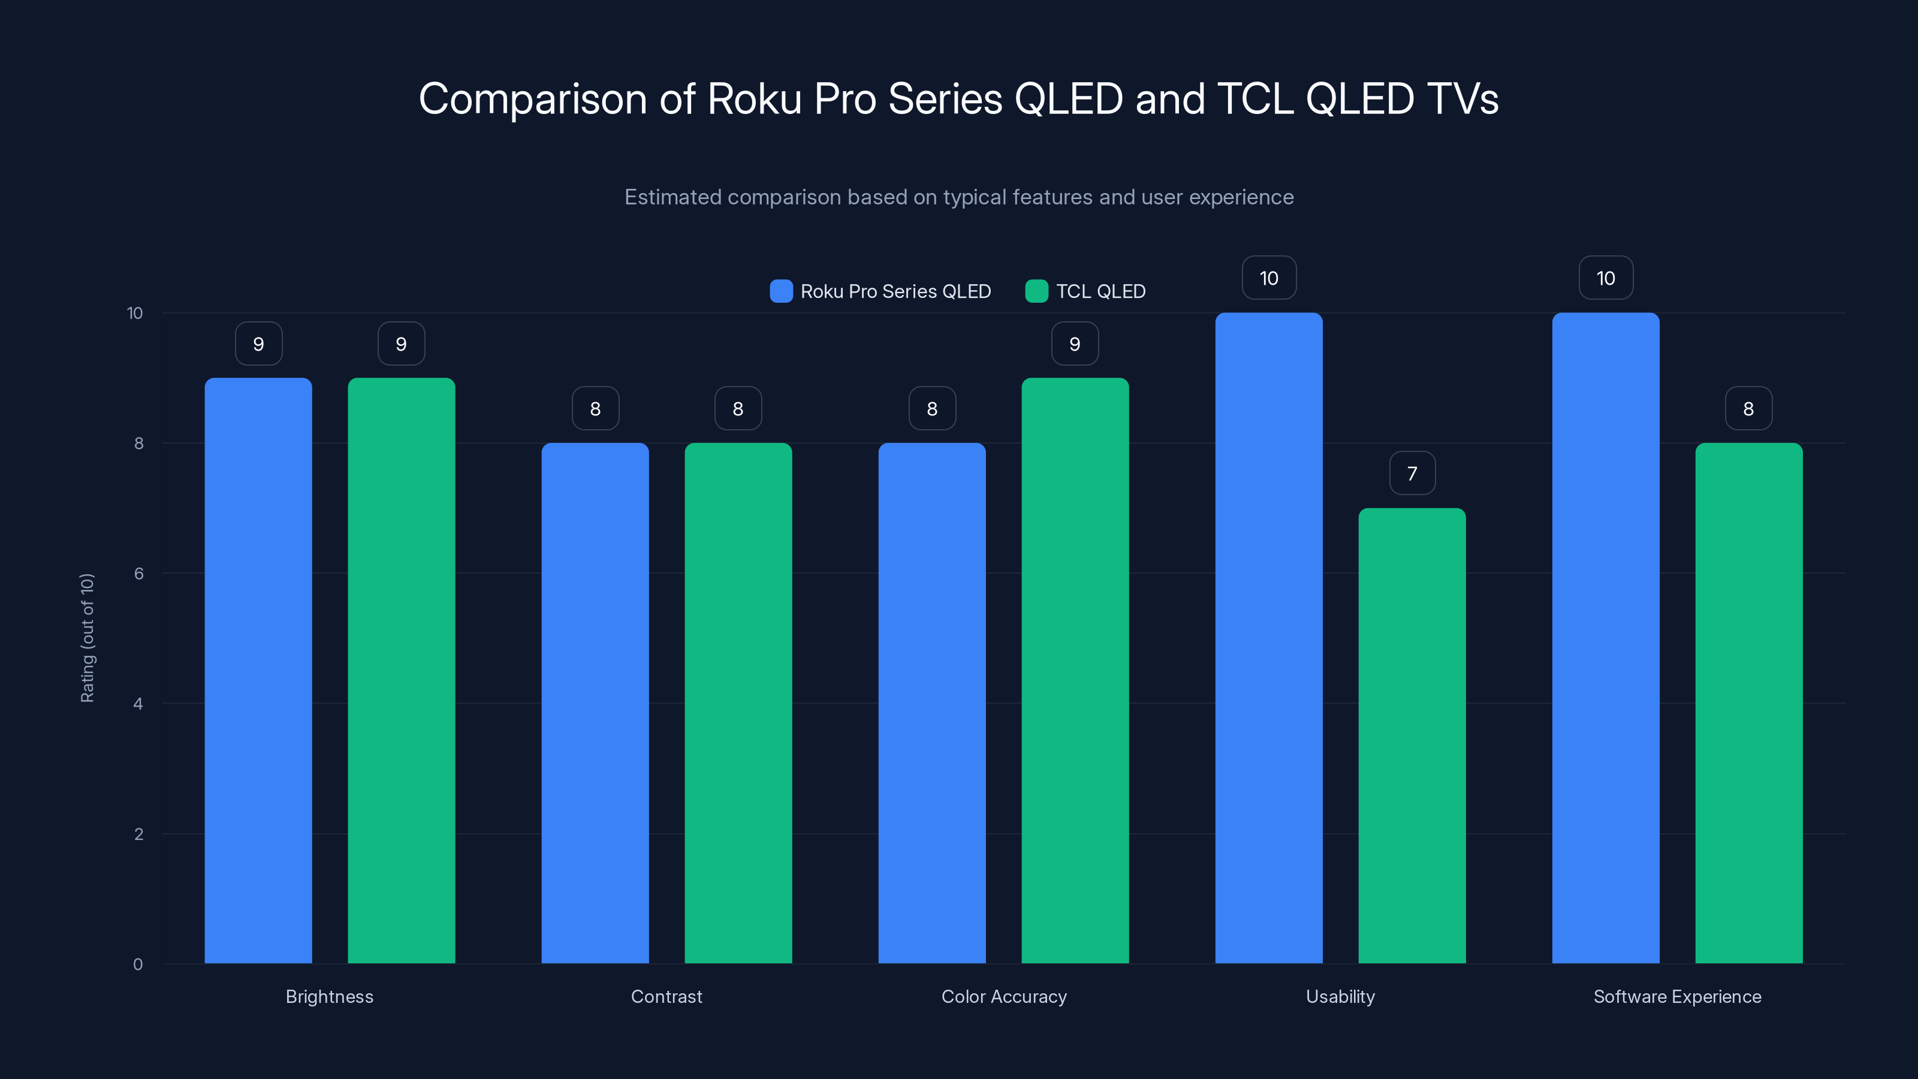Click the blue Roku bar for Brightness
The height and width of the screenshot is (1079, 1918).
coord(258,670)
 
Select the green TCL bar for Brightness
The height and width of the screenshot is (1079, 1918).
coord(402,670)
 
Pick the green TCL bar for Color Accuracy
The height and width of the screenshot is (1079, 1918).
coord(1075,670)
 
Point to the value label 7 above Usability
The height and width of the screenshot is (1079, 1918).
coord(1412,474)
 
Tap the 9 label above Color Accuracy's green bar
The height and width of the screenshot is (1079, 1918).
coord(1075,344)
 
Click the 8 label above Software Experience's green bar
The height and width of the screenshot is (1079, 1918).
coord(1748,409)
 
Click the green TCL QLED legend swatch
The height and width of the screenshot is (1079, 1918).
coord(1036,291)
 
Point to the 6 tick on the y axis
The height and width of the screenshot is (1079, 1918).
coord(138,574)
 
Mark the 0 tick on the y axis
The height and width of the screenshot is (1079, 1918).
coord(138,965)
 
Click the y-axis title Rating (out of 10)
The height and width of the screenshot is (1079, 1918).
coord(87,638)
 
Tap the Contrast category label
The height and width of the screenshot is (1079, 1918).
coord(667,996)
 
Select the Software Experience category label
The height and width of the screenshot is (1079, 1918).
coord(1677,996)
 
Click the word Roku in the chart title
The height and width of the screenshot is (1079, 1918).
coord(753,99)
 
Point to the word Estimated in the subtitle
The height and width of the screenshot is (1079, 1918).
coord(672,197)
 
